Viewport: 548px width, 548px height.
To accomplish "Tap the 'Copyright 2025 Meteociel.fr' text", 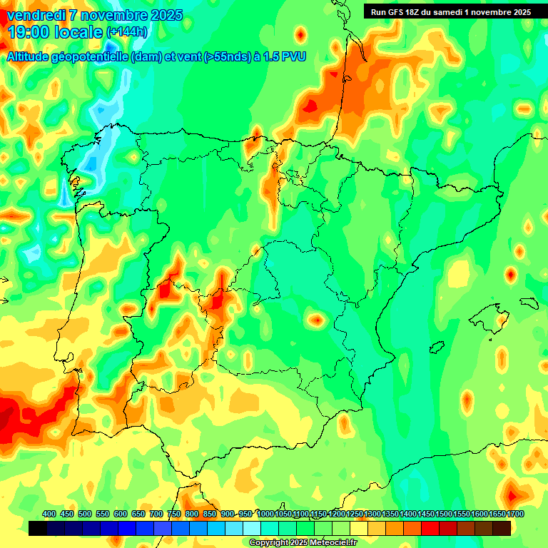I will [303, 543].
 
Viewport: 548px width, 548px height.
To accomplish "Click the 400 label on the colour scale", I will [49, 514].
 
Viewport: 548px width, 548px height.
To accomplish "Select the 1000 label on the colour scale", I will [265, 514].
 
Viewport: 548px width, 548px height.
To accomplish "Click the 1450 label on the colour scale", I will [427, 514].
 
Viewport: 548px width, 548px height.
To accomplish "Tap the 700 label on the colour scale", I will [156, 514].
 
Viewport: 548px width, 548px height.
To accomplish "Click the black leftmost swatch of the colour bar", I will [38, 529].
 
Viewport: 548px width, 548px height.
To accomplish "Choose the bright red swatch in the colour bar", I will [430, 529].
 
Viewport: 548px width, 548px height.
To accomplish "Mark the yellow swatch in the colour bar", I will [359, 529].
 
